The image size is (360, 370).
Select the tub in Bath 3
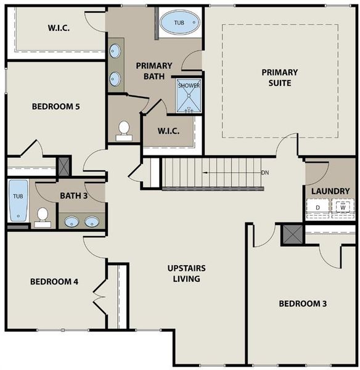click(x=18, y=200)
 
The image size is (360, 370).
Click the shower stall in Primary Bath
click(x=189, y=96)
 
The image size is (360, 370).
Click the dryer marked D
click(x=318, y=208)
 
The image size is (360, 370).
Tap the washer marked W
click(x=342, y=208)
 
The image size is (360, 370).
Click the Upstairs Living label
click(x=187, y=274)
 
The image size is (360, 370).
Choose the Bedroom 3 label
click(x=303, y=303)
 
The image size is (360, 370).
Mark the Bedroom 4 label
click(x=54, y=282)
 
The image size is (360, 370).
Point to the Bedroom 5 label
click(x=56, y=106)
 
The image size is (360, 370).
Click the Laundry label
click(x=330, y=191)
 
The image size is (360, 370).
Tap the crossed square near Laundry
click(x=290, y=234)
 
